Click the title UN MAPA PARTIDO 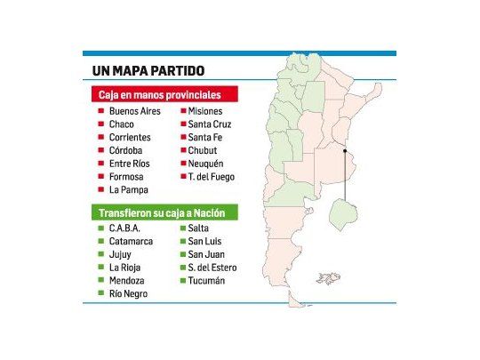click(x=148, y=71)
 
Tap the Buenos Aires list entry click(x=135, y=111)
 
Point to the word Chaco click(x=123, y=124)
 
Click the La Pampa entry click(x=128, y=189)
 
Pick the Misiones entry click(x=205, y=111)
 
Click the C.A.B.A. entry click(x=125, y=228)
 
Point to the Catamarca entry click(x=131, y=242)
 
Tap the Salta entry click(x=200, y=228)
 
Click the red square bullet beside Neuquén click(x=182, y=164)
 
